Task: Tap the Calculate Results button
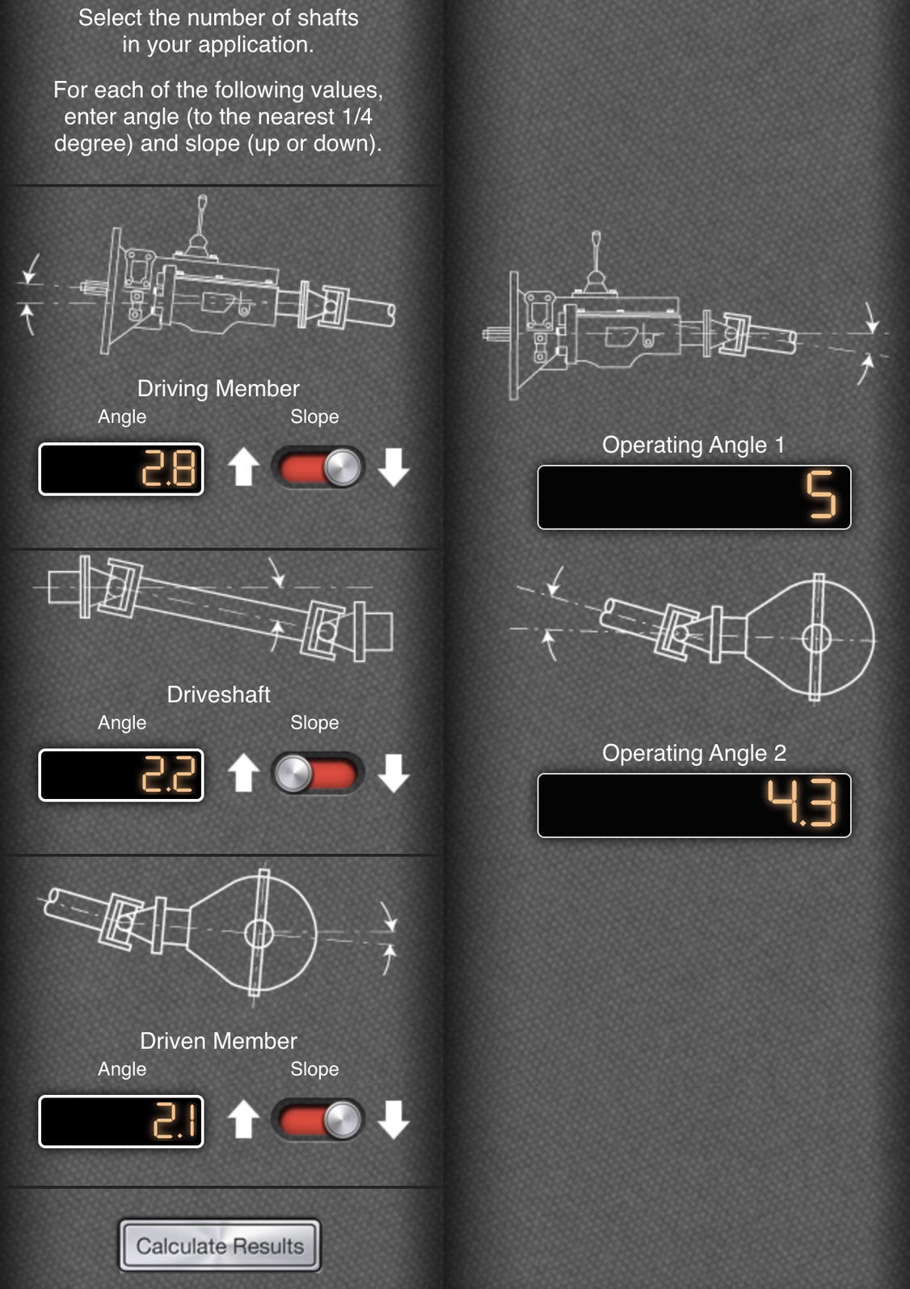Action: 220,1245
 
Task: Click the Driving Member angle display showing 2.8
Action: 120,469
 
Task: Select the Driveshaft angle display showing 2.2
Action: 120,775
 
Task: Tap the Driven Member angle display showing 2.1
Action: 120,1121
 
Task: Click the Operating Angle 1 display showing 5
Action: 694,497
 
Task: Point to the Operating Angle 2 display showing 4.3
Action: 694,805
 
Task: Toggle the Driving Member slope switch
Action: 318,468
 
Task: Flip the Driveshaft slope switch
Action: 318,773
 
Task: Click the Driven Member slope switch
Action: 318,1120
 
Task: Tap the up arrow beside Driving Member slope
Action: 243,467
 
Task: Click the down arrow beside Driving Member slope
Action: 394,467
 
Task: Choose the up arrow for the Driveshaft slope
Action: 243,773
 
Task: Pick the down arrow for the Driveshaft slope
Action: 394,773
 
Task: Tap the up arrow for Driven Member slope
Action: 243,1119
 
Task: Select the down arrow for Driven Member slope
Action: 394,1119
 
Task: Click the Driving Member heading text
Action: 218,389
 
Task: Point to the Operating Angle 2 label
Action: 693,753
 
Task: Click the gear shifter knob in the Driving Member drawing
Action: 203,201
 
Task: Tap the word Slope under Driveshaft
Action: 314,723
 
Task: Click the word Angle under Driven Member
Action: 122,1069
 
